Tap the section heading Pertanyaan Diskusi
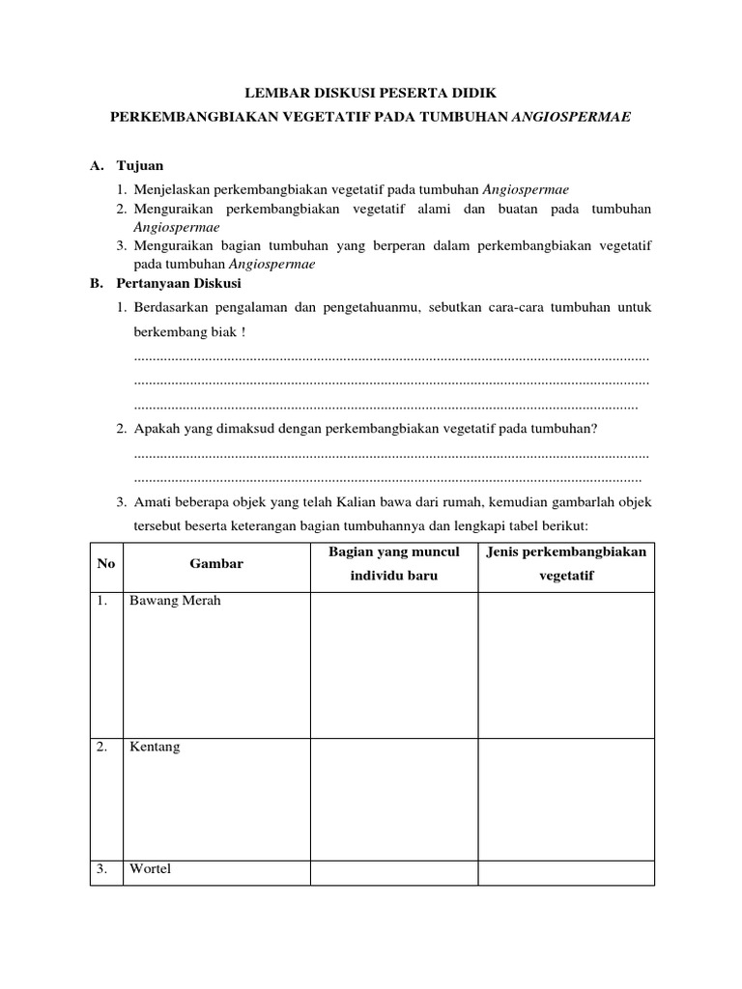179,284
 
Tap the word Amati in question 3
152,502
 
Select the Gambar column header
215,564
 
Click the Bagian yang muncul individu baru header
393,563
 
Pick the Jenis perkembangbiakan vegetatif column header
566,563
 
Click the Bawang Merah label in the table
175,601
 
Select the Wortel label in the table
150,869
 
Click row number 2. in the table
102,748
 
